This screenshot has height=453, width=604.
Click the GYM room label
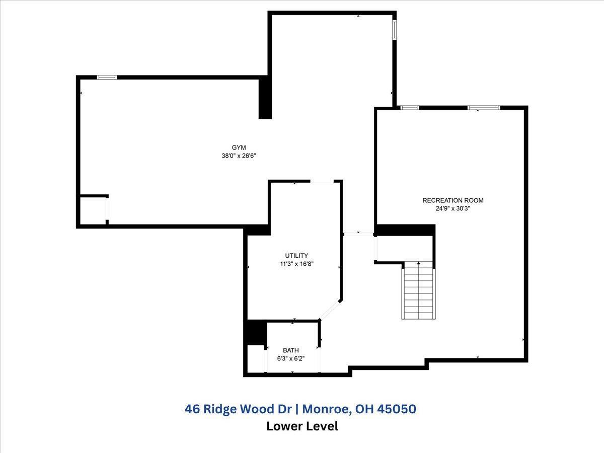238,147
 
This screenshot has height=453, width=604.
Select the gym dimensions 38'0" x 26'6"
238,156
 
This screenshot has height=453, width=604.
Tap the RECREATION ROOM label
452,200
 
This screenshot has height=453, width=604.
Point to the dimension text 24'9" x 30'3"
452,208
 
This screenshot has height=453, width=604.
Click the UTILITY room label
296,256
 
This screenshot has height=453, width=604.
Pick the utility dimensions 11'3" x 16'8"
296,264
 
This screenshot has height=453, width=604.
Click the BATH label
290,350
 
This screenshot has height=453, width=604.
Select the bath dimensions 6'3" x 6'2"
290,359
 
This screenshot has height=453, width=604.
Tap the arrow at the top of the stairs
418,263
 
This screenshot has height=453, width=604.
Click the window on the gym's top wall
107,77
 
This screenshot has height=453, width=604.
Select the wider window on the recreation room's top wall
484,107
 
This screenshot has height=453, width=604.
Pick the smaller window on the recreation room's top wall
409,107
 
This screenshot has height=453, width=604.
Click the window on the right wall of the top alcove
395,30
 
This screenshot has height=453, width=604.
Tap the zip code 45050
399,409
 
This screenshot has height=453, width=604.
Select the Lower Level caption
301,426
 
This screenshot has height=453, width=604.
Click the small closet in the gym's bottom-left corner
93,210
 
